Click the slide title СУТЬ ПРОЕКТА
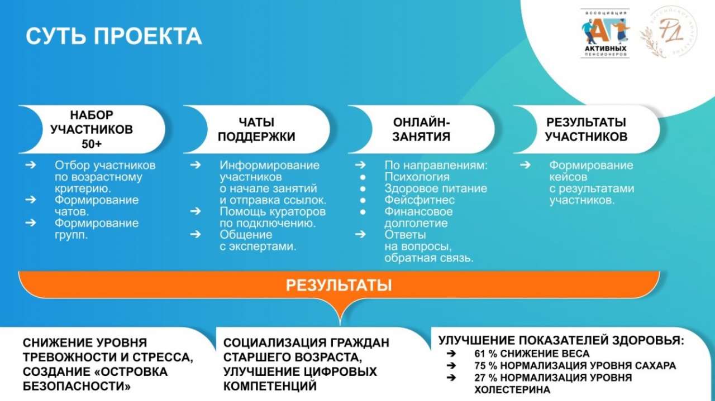(113, 36)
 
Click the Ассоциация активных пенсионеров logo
(605, 33)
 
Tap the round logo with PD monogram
(669, 32)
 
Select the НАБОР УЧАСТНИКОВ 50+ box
(92, 129)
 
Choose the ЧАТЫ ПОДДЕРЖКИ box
(256, 129)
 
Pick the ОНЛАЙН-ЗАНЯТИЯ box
(421, 129)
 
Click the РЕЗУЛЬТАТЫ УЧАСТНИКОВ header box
(587, 129)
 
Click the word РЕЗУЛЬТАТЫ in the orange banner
(339, 285)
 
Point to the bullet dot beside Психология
(363, 177)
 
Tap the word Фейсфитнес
(420, 200)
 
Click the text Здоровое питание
(436, 189)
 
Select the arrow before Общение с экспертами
(196, 235)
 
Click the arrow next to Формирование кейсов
(525, 165)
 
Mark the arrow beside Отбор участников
(31, 165)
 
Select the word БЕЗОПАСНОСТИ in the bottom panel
(77, 386)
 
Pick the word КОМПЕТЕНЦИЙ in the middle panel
(270, 386)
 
